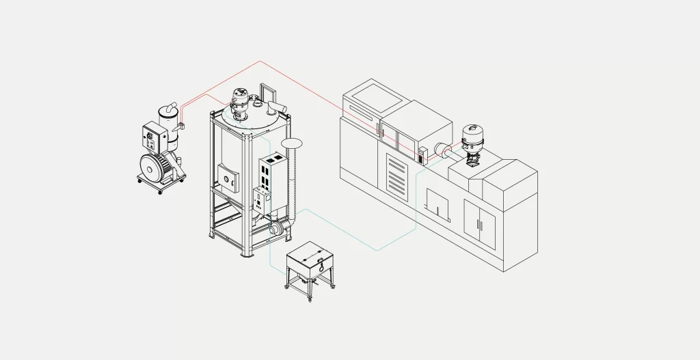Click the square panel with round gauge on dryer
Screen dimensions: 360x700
point(228,178)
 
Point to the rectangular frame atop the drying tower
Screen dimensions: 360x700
point(268,93)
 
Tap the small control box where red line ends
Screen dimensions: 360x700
point(422,154)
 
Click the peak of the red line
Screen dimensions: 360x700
point(260,61)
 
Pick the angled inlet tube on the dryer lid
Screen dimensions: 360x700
point(277,107)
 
